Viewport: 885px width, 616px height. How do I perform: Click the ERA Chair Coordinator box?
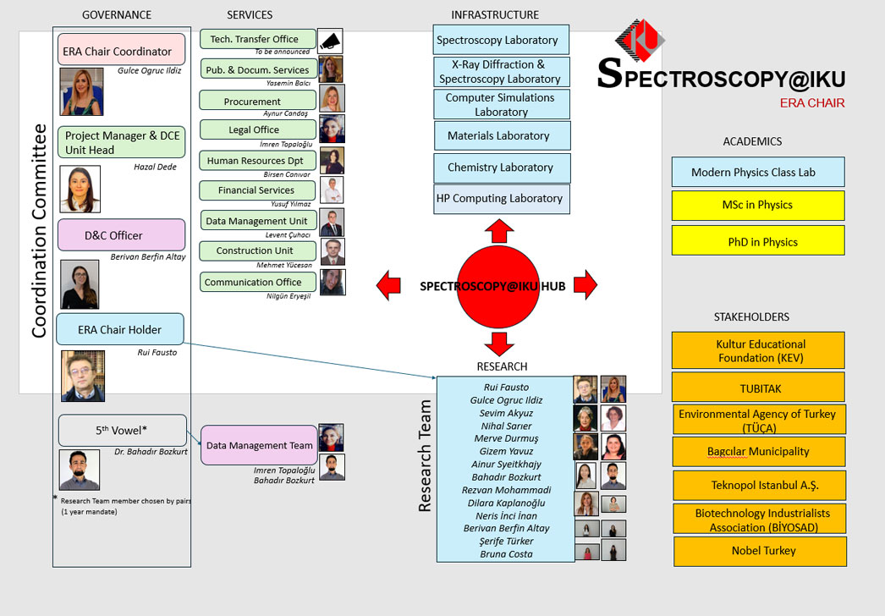tap(122, 50)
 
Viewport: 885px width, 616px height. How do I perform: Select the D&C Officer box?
tap(122, 234)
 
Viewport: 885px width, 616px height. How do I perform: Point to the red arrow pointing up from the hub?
tap(498, 231)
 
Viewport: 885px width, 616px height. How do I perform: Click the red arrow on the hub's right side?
tap(585, 285)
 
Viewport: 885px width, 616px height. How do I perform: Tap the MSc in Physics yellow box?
tap(758, 205)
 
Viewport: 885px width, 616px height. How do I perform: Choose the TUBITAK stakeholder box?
tap(758, 387)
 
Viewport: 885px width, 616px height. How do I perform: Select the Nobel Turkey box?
tap(759, 551)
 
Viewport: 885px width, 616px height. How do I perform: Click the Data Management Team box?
tap(259, 445)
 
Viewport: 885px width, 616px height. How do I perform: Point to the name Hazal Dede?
tap(155, 167)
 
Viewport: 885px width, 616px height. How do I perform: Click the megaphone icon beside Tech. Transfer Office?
tap(330, 41)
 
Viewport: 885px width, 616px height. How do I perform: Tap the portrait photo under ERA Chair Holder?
tap(82, 376)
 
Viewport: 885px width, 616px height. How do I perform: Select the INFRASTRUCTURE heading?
tap(495, 14)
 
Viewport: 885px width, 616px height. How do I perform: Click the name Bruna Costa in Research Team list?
tap(506, 554)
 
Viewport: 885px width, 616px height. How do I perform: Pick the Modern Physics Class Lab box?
tap(758, 172)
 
